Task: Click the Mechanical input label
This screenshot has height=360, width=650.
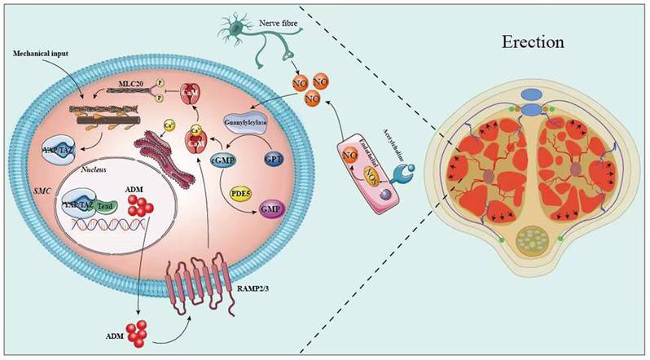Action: [38, 52]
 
